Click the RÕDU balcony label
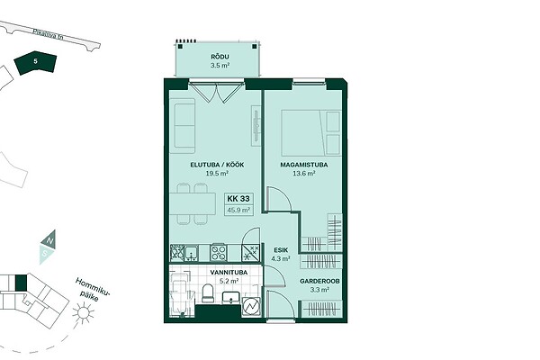220,57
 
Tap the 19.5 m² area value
217,174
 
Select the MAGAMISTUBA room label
304,165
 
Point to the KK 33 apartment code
238,198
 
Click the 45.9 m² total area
238,210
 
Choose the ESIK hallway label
281,250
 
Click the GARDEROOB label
319,281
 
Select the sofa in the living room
183,126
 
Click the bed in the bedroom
311,133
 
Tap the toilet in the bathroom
208,293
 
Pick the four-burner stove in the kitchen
219,253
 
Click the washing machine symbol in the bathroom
251,306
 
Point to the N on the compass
49,240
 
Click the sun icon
83,313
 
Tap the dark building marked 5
35,63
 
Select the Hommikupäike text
92,290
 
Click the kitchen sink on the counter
191,253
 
